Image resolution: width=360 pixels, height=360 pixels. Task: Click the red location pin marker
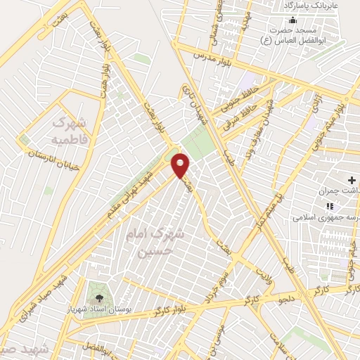pyautogui.click(x=181, y=165)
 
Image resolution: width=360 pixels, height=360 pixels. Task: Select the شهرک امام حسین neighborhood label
pyautogui.click(x=153, y=243)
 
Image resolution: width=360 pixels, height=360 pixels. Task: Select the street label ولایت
pyautogui.click(x=263, y=271)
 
